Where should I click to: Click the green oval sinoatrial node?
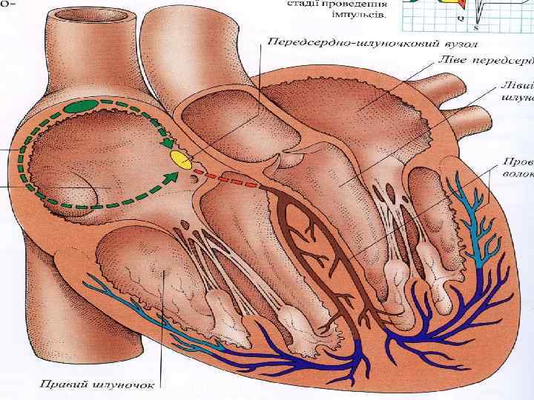coord(81,107)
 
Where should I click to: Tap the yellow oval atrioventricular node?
coord(180,158)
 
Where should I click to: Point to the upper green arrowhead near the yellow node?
coord(169,143)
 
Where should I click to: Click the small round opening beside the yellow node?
coord(194,179)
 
